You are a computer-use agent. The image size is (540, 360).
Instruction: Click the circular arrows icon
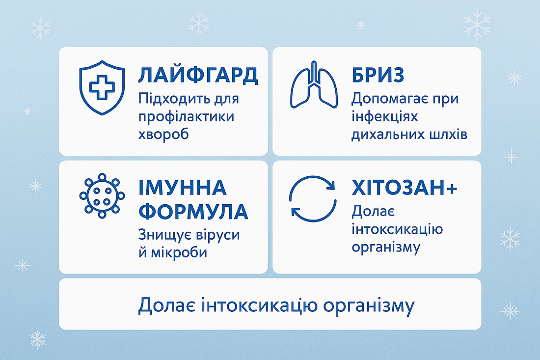(313, 198)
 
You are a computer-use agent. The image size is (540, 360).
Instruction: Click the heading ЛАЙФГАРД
(198, 75)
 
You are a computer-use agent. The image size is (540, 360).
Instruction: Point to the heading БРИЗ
(378, 75)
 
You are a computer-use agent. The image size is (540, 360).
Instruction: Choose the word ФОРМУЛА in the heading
(193, 211)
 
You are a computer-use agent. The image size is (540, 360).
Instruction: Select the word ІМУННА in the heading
(183, 188)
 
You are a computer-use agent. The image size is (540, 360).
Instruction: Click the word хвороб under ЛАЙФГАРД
(164, 135)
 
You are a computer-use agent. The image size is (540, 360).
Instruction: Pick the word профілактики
(187, 117)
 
